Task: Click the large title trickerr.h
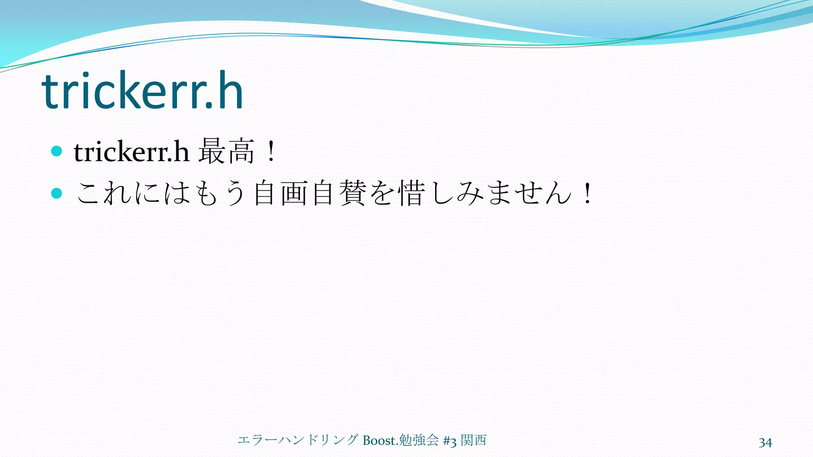click(x=142, y=91)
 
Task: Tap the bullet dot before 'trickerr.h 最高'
click(x=57, y=151)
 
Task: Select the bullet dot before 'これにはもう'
click(x=57, y=193)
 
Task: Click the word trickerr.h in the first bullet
click(x=131, y=152)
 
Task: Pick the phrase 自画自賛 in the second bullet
click(x=310, y=193)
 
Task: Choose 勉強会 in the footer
click(x=419, y=440)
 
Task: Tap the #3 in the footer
click(x=450, y=441)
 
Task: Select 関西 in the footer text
click(x=474, y=440)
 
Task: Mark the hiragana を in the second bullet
click(x=383, y=193)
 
